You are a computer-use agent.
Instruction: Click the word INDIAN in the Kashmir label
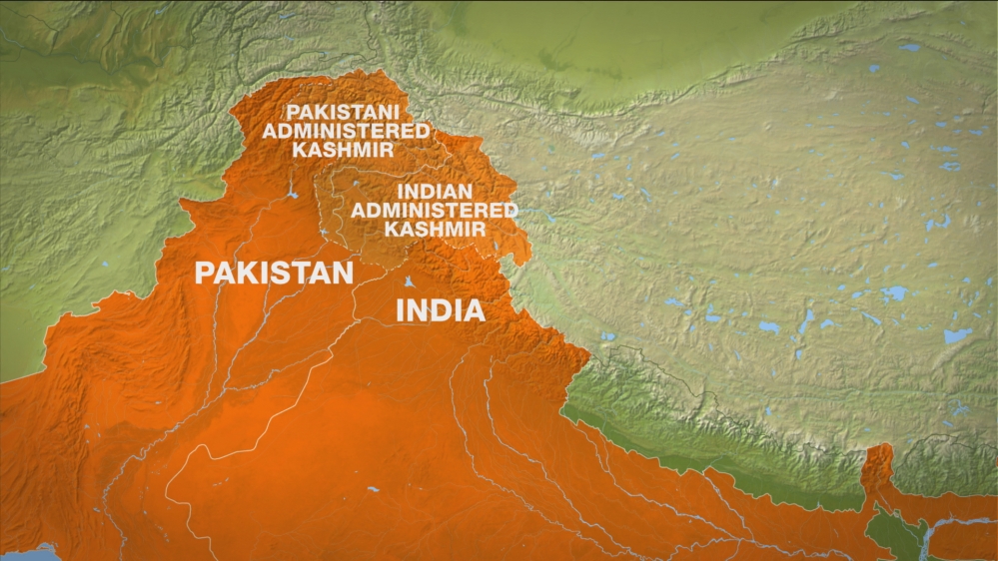(x=435, y=191)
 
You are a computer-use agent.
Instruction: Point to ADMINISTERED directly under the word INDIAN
(x=435, y=210)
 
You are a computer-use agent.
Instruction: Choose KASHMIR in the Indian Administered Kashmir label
(x=435, y=229)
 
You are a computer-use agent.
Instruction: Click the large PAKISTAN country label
(x=274, y=273)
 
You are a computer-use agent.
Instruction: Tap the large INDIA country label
(x=441, y=309)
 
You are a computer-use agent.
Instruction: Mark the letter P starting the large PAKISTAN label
(x=204, y=273)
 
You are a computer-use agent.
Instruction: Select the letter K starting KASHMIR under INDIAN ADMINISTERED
(x=392, y=229)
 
